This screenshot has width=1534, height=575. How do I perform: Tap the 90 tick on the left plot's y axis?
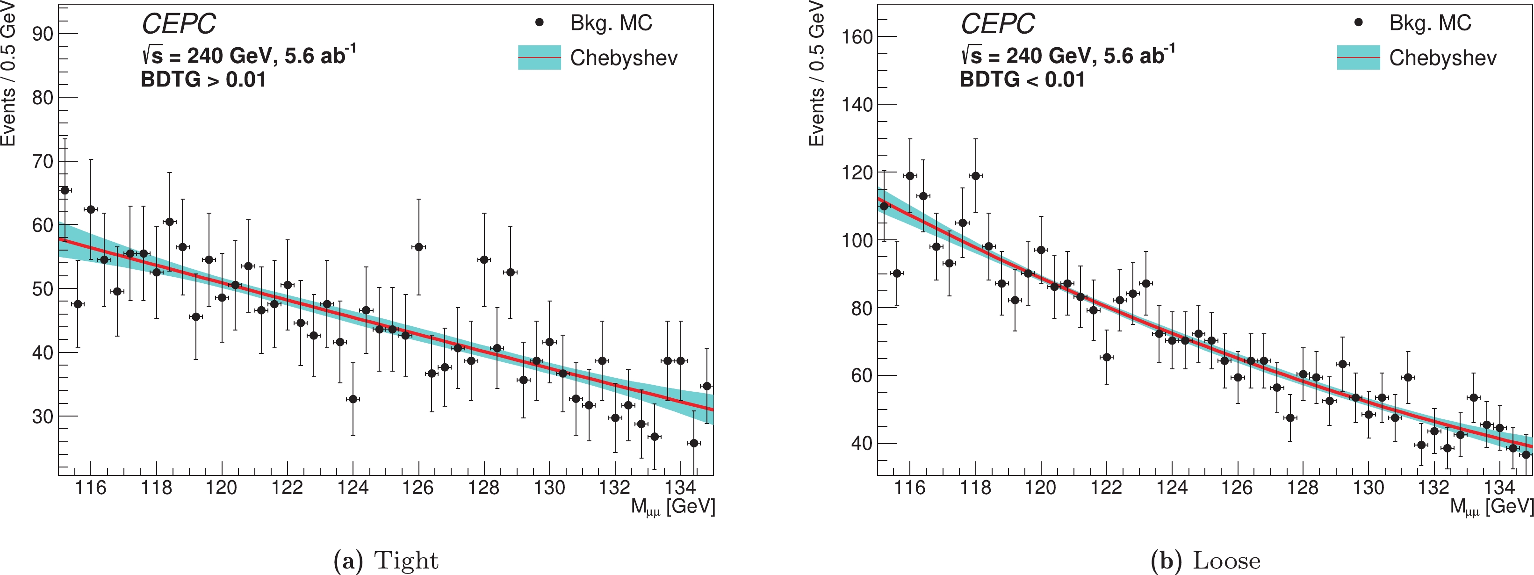[43, 34]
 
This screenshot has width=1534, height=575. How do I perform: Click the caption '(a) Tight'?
[386, 561]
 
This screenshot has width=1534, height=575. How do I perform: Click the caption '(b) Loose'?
[1205, 561]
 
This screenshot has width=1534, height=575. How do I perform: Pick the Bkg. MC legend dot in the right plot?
[1358, 22]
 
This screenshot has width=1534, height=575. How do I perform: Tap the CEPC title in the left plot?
[179, 24]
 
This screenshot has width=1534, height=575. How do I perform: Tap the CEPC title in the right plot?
[997, 24]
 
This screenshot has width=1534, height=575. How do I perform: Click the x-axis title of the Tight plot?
[672, 507]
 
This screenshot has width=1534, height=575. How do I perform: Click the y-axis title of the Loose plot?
[816, 74]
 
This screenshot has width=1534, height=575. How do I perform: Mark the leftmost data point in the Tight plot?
[65, 190]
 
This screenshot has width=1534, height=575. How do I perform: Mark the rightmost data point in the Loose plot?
[1526, 454]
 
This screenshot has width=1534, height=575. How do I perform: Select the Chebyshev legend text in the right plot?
[1442, 58]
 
